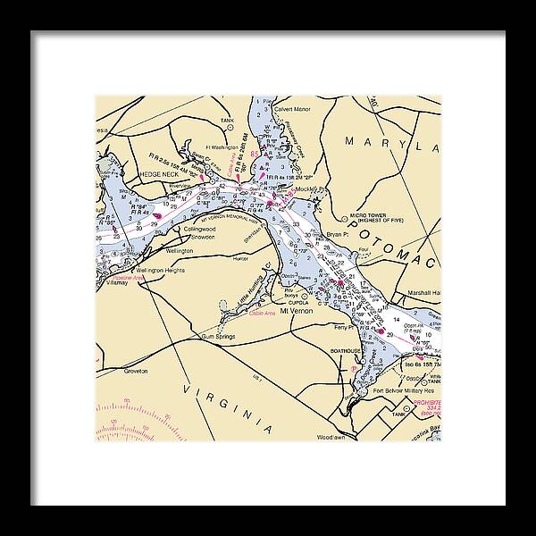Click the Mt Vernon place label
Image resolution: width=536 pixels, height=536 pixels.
[294, 312]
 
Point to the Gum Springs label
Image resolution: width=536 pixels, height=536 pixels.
[216, 337]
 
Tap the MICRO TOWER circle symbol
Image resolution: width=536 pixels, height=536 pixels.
[346, 217]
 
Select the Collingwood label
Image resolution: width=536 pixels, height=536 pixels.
[200, 229]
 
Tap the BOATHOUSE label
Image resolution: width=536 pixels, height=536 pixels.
[346, 351]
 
